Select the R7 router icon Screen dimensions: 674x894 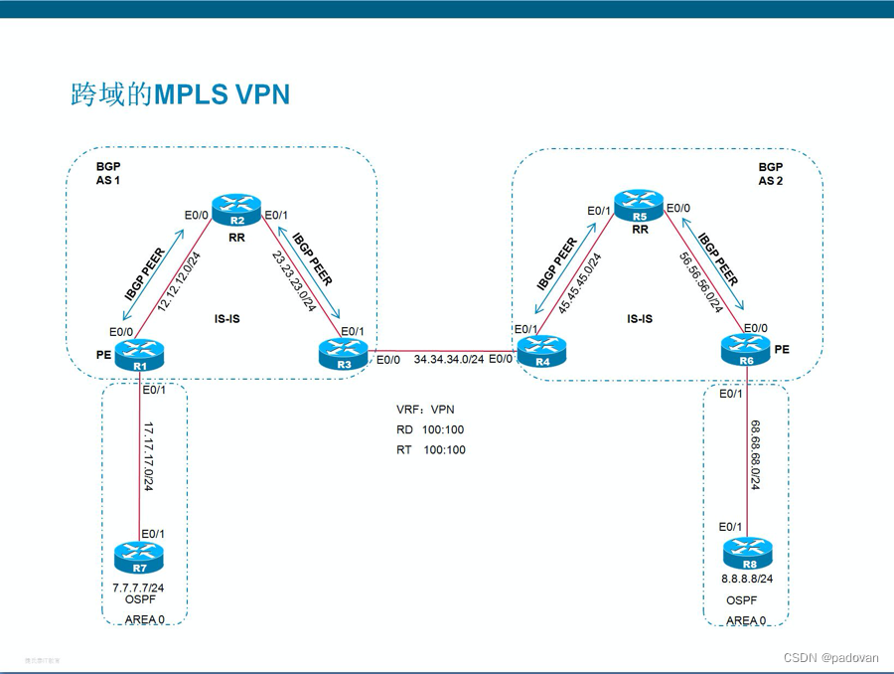(x=139, y=556)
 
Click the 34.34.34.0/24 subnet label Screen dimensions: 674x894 (x=449, y=359)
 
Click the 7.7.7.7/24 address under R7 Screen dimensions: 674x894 (x=138, y=588)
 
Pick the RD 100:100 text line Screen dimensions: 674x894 (x=430, y=429)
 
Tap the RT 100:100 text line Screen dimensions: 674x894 (x=430, y=449)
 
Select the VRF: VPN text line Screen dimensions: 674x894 (x=425, y=409)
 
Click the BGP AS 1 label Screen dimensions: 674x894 (x=108, y=175)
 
